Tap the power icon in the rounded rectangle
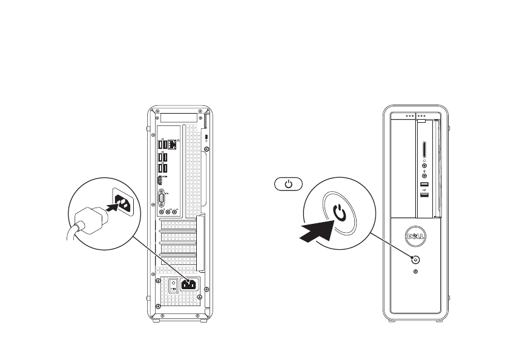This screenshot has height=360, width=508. [288, 184]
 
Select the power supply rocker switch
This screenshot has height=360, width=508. [172, 285]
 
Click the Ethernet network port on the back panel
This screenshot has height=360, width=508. [173, 145]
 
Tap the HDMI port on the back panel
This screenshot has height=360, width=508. [162, 181]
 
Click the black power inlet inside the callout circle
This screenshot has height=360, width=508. [120, 204]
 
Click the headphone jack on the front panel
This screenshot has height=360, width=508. [424, 163]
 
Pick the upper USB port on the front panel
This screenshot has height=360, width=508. [424, 184]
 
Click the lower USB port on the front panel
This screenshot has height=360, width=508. [424, 192]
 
